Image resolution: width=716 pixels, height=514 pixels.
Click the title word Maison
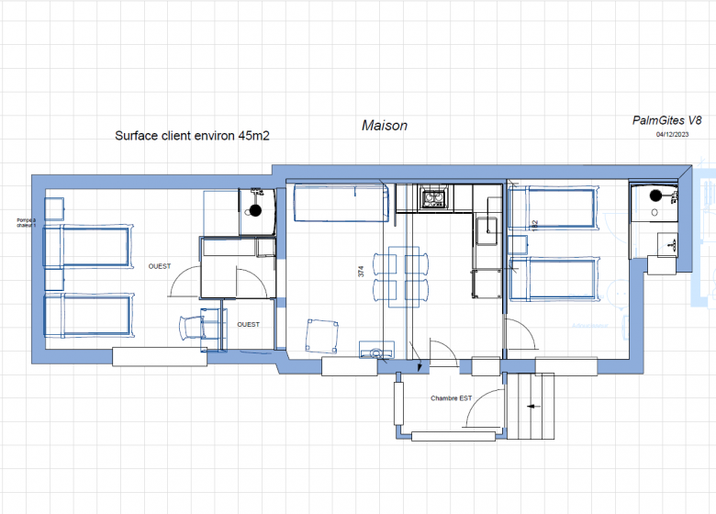(384, 126)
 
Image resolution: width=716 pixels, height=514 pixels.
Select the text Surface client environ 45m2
(192, 135)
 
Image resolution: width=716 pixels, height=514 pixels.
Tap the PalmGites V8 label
(667, 120)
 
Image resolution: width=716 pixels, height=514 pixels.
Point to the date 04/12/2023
(672, 135)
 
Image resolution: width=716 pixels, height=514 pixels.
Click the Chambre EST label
(452, 398)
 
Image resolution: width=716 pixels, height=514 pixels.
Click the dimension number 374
(361, 272)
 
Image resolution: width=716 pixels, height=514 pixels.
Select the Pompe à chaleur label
(26, 222)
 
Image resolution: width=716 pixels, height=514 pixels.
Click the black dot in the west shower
(256, 210)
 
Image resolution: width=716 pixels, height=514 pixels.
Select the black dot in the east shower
(655, 196)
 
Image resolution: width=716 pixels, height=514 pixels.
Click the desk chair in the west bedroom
(191, 327)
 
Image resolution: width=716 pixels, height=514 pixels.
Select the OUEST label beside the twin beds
(160, 265)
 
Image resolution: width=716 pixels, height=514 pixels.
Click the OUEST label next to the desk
(248, 324)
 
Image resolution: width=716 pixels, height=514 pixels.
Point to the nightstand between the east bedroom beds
(517, 245)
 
